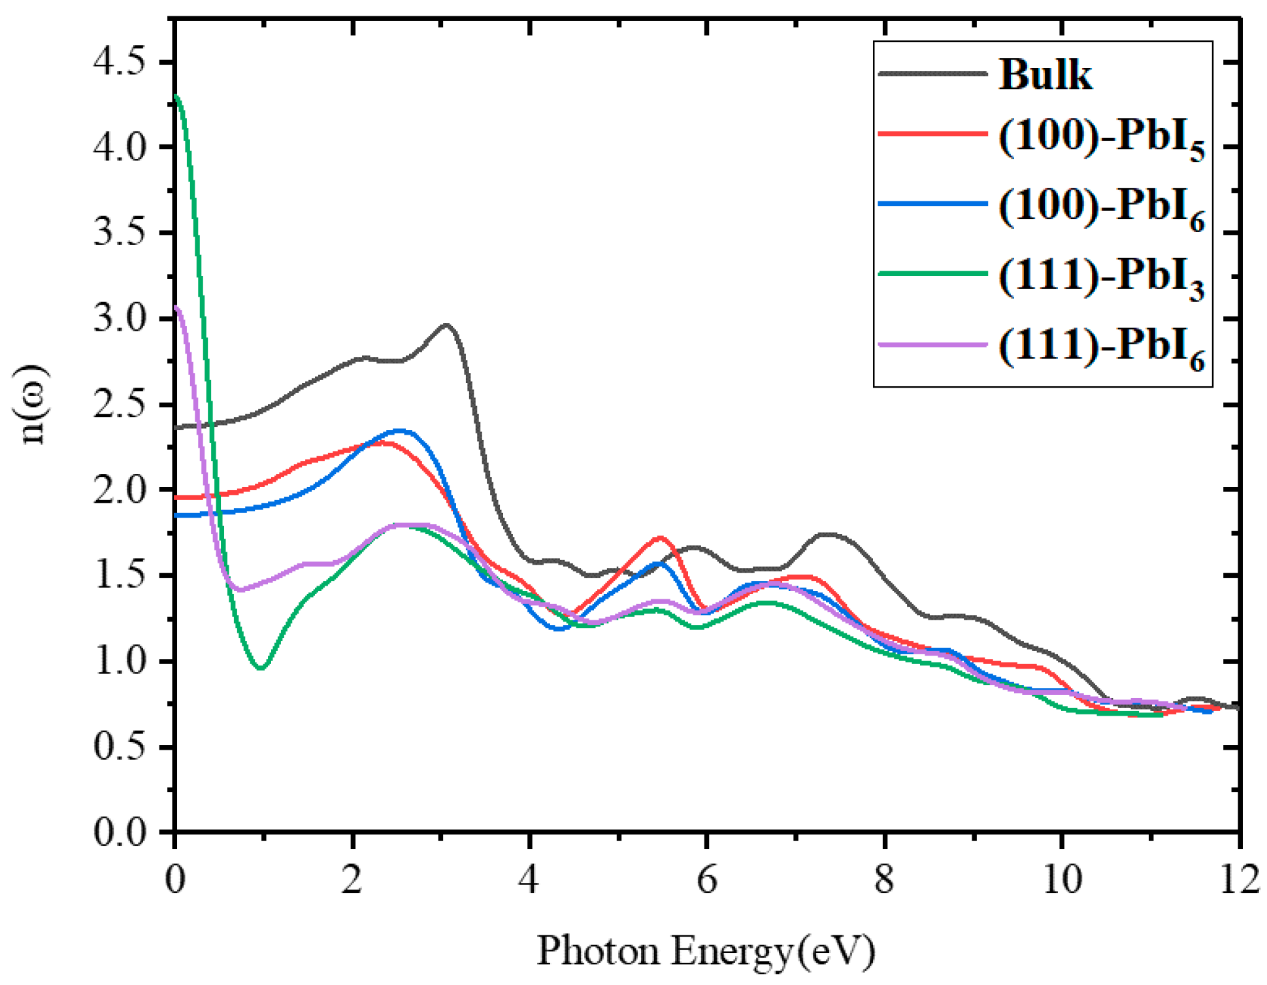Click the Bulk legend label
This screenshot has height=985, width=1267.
point(1044,75)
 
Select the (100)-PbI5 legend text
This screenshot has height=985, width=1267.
point(1100,139)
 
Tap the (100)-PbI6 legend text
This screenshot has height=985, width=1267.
point(1100,208)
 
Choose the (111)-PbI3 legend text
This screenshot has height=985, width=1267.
point(1100,278)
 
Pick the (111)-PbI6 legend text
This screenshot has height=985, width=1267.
point(1100,348)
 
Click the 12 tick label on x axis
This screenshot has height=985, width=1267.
point(1239,879)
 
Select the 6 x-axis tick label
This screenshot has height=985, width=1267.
point(707,879)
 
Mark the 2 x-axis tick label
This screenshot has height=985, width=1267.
point(352,879)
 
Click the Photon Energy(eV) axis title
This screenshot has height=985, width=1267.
point(706,951)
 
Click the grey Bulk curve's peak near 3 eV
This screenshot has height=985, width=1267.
point(447,324)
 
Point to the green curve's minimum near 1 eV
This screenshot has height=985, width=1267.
point(261,668)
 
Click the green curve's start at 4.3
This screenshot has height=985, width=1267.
point(177,97)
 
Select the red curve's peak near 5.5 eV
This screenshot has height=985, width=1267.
point(660,538)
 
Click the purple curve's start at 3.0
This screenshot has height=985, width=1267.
point(177,307)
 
